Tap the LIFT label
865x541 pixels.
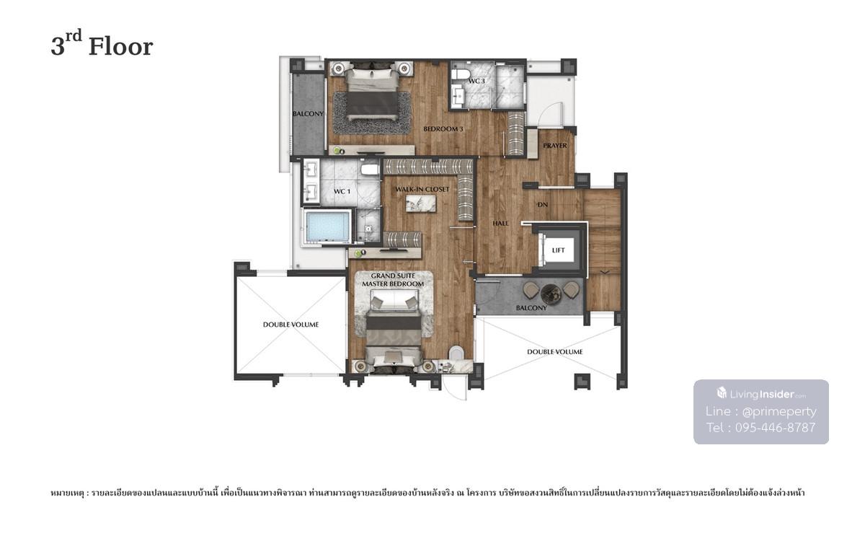tap(558, 250)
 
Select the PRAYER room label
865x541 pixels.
tap(555, 146)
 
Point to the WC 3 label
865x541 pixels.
tap(476, 81)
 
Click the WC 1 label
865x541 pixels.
tap(342, 191)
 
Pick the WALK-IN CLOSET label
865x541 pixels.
tap(422, 189)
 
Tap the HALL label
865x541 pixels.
tap(500, 224)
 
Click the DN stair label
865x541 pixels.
tap(543, 205)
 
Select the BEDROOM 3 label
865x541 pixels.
tap(443, 129)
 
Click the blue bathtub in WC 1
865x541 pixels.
tap(327, 227)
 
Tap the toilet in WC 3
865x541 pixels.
tap(460, 74)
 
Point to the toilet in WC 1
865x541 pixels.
tap(370, 170)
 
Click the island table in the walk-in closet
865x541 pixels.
tap(420, 203)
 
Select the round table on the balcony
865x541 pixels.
tap(551, 294)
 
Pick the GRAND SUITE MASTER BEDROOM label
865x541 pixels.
tap(393, 280)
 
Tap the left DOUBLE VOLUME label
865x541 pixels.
tap(290, 325)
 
